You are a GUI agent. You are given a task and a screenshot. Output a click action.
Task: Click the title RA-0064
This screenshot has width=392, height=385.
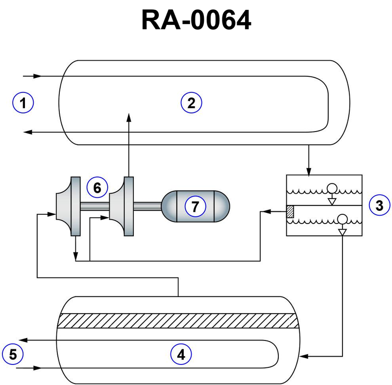tap(196, 21)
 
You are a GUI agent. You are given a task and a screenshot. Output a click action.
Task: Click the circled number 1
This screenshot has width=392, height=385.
tap(23, 103)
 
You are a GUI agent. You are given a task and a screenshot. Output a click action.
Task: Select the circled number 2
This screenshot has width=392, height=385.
tap(192, 103)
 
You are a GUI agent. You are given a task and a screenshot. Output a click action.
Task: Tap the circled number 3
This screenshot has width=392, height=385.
tap(379, 205)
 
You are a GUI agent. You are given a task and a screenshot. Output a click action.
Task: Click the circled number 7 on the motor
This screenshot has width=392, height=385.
tap(195, 206)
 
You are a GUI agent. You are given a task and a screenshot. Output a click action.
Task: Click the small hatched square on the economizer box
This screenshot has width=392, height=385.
tap(290, 211)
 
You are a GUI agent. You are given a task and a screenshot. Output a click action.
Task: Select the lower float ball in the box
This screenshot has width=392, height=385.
tap(342, 219)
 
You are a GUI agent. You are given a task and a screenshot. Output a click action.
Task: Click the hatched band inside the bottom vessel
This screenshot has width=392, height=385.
tap(177, 320)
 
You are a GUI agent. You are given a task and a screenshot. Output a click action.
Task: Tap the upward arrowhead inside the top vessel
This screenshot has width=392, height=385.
tap(129, 115)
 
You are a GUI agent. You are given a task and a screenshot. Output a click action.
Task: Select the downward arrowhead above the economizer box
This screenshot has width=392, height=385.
tap(308, 172)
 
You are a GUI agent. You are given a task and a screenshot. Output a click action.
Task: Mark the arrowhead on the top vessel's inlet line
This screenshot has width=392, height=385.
tap(37, 76)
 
